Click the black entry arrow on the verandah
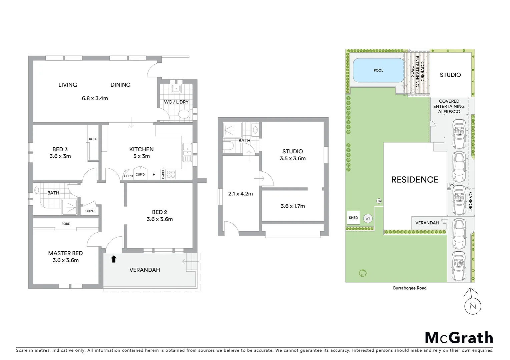pyautogui.click(x=114, y=259)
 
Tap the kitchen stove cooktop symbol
pyautogui.click(x=171, y=174)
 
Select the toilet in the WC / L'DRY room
pyautogui.click(x=183, y=115)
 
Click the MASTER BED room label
pyautogui.click(x=65, y=253)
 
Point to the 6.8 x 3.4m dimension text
pyautogui.click(x=95, y=98)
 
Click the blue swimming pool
pyautogui.click(x=378, y=70)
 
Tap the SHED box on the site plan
pyautogui.click(x=353, y=218)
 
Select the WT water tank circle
pyautogui.click(x=368, y=219)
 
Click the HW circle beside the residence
pyautogui.click(x=379, y=201)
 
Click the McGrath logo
pyautogui.click(x=459, y=338)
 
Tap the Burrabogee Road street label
pyautogui.click(x=410, y=288)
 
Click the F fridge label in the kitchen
pyautogui.click(x=154, y=174)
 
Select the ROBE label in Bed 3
pyautogui.click(x=93, y=139)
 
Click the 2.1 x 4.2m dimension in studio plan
pyautogui.click(x=240, y=194)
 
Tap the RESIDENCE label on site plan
pyautogui.click(x=415, y=180)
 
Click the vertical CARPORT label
pyautogui.click(x=470, y=202)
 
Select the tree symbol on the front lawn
pyautogui.click(x=363, y=273)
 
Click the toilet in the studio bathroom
pyautogui.click(x=229, y=146)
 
